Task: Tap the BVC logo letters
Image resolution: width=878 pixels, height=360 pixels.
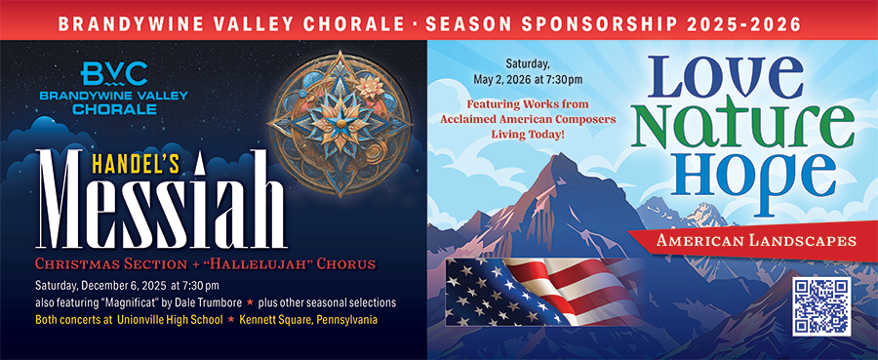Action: pyautogui.click(x=114, y=74)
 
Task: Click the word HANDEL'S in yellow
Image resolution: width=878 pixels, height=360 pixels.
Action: pyautogui.click(x=135, y=164)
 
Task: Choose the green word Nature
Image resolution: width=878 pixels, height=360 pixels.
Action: pyautogui.click(x=742, y=125)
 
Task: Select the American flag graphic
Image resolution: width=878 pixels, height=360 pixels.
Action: pyautogui.click(x=543, y=292)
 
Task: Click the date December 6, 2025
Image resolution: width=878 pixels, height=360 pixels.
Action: pyautogui.click(x=124, y=285)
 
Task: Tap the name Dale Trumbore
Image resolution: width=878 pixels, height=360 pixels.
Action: pyautogui.click(x=214, y=302)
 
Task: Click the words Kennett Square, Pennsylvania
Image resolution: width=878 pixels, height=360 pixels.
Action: pyautogui.click(x=308, y=320)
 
